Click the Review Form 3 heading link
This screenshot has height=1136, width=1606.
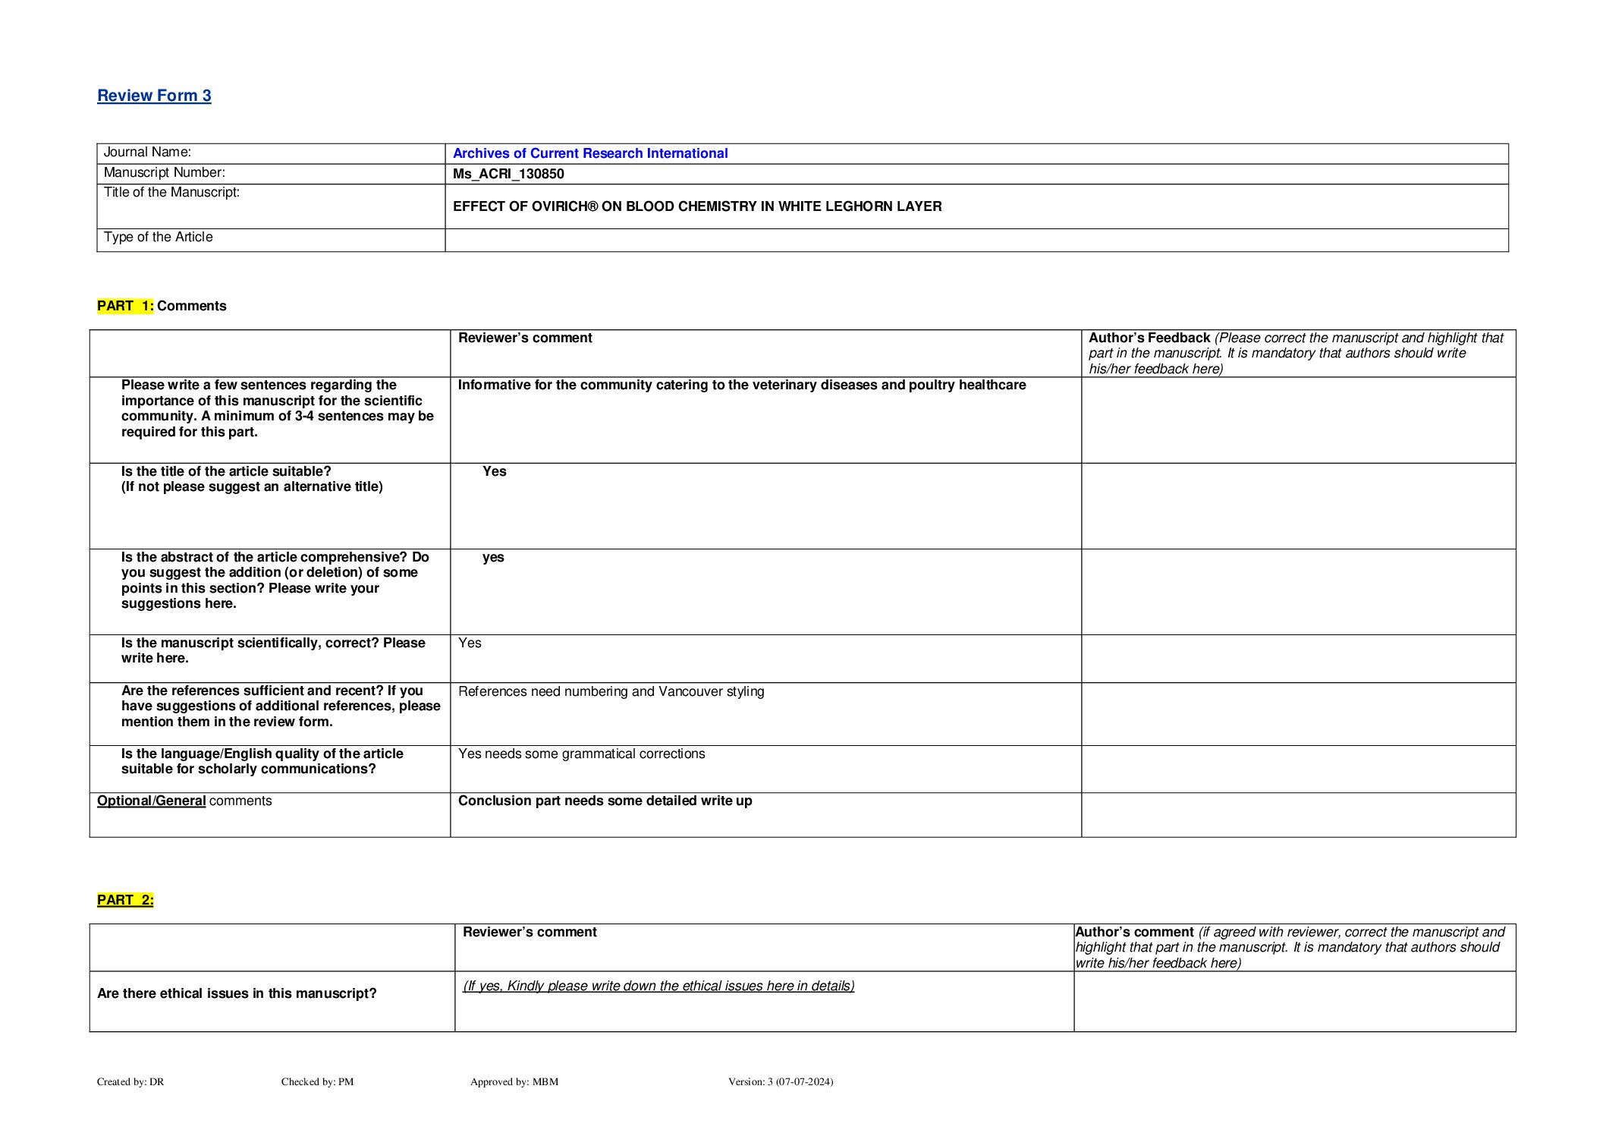pos(154,96)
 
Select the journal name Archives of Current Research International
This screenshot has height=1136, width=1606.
pos(589,153)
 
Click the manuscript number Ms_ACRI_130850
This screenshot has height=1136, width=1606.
pos(508,174)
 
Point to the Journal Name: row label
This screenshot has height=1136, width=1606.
pos(147,153)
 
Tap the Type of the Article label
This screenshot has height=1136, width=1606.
pos(158,238)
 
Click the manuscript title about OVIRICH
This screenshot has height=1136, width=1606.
pos(696,206)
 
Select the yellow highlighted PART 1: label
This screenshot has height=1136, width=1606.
pos(124,306)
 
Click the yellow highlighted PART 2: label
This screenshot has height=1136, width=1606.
pos(124,900)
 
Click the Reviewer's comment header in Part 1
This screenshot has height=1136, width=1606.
pos(525,338)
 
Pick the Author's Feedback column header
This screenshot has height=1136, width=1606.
pos(1149,338)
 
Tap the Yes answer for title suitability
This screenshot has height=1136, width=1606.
pos(494,471)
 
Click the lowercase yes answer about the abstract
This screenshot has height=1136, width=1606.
pos(493,557)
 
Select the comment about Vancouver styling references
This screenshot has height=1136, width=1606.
pos(611,691)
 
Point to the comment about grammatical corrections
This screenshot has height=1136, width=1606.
pos(581,754)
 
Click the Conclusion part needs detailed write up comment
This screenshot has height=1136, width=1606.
pos(605,801)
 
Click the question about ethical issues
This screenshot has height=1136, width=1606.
pos(237,993)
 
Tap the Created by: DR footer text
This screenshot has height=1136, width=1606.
pos(130,1081)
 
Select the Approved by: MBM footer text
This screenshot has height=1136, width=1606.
pos(514,1081)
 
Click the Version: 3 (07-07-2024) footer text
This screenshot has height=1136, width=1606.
pos(780,1081)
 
